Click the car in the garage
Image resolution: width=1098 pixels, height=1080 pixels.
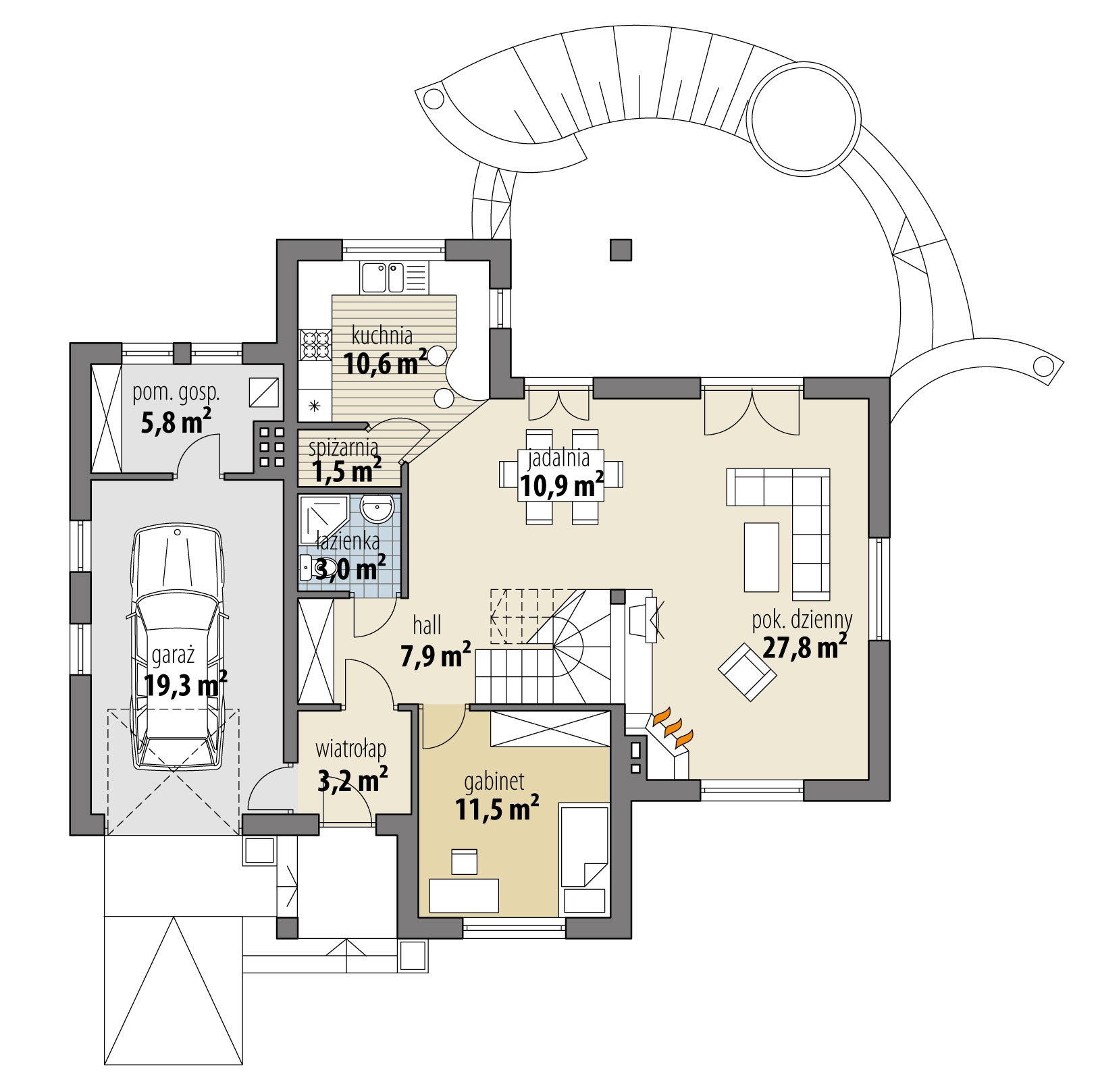pyautogui.click(x=178, y=648)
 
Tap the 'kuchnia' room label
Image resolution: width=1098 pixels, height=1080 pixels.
pyautogui.click(x=382, y=335)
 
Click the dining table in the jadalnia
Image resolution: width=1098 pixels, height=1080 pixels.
pyautogui.click(x=561, y=476)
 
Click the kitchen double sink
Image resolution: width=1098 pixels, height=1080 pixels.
pyautogui.click(x=383, y=277)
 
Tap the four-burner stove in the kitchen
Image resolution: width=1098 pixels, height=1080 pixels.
pyautogui.click(x=314, y=344)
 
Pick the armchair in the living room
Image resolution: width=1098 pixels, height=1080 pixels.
pyautogui.click(x=746, y=671)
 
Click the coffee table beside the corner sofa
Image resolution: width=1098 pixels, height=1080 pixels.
pyautogui.click(x=761, y=557)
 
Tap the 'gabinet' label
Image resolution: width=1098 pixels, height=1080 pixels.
pyautogui.click(x=494, y=782)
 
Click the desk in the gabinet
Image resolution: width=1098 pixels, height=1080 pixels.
pyautogui.click(x=465, y=895)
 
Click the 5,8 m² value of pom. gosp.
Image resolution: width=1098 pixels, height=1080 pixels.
pyautogui.click(x=176, y=423)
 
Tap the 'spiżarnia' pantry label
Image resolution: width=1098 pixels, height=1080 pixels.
pyautogui.click(x=343, y=447)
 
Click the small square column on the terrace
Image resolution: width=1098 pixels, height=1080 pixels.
pyautogui.click(x=621, y=250)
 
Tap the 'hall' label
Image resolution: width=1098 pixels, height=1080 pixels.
pyautogui.click(x=427, y=626)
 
